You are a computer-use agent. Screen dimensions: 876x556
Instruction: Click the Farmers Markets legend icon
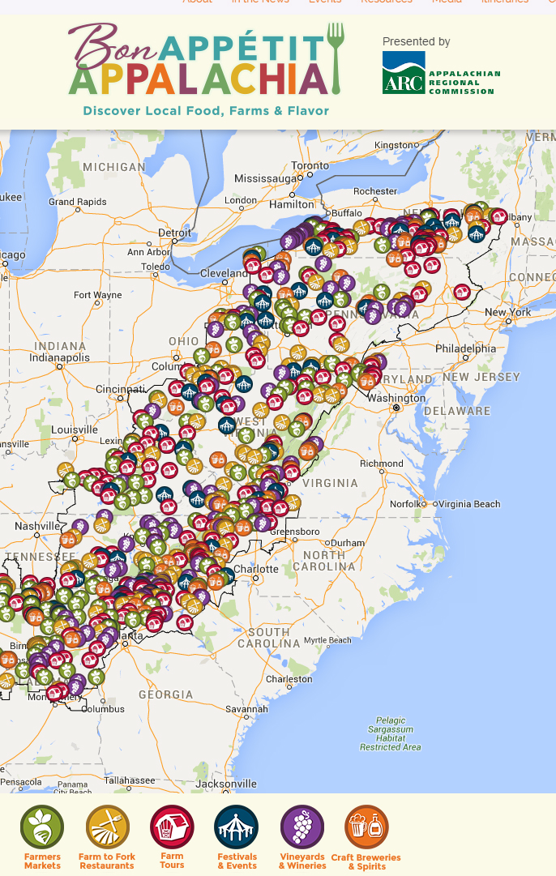click(x=42, y=827)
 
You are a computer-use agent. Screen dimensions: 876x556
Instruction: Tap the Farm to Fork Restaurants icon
click(x=107, y=827)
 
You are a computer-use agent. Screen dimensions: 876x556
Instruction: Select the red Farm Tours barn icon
click(x=172, y=827)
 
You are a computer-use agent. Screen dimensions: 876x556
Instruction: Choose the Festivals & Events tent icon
click(x=237, y=827)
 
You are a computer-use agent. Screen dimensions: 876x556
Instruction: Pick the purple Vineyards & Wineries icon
click(x=302, y=827)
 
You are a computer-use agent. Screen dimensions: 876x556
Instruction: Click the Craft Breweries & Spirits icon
click(x=366, y=827)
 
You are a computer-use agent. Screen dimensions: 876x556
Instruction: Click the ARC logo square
click(x=404, y=73)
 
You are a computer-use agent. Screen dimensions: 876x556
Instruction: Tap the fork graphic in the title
click(x=336, y=57)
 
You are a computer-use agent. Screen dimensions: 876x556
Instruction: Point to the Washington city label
click(x=396, y=398)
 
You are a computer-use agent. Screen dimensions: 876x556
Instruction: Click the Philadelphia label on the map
click(x=465, y=348)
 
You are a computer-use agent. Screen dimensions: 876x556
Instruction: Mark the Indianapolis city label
click(x=60, y=357)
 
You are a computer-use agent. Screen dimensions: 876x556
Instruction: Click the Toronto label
click(x=310, y=165)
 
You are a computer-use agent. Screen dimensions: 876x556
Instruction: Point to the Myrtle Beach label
click(x=327, y=640)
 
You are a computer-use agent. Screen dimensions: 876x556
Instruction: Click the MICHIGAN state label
click(x=114, y=167)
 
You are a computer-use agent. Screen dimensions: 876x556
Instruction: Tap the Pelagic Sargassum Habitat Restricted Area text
click(x=391, y=733)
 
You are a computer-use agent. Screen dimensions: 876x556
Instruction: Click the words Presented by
click(x=416, y=41)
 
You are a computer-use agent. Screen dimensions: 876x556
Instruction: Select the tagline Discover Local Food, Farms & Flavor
click(x=206, y=110)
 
